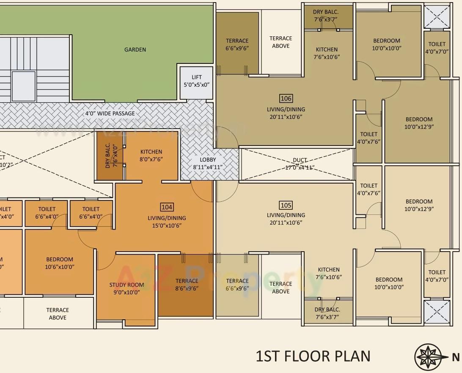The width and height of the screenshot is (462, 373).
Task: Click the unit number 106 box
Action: [286, 99]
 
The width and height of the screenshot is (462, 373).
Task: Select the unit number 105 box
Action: [286, 205]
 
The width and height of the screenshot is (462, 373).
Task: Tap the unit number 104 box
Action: [167, 207]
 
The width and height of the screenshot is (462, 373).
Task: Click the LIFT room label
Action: [197, 81]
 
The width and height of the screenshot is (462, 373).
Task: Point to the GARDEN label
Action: [135, 49]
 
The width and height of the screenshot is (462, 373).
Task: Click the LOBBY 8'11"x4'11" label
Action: [208, 163]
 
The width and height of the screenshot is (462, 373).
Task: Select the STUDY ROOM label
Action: [126, 288]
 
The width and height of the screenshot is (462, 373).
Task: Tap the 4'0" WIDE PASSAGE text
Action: [110, 113]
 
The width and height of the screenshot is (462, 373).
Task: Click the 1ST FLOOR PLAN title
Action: [313, 356]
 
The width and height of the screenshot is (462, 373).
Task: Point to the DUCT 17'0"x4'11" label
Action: [300, 164]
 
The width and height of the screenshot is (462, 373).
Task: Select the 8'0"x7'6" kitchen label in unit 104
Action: [151, 156]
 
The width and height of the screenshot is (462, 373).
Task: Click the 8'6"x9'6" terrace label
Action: [187, 285]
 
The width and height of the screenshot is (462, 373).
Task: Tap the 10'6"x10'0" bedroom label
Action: [60, 263]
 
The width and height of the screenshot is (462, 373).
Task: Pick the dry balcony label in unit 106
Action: [326, 16]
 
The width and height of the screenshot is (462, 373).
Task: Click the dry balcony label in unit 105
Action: [327, 313]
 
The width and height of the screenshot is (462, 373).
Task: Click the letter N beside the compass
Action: [456, 357]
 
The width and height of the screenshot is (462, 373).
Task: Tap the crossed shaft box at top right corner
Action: [437, 17]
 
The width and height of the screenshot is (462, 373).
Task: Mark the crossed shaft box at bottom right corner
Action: [437, 312]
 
